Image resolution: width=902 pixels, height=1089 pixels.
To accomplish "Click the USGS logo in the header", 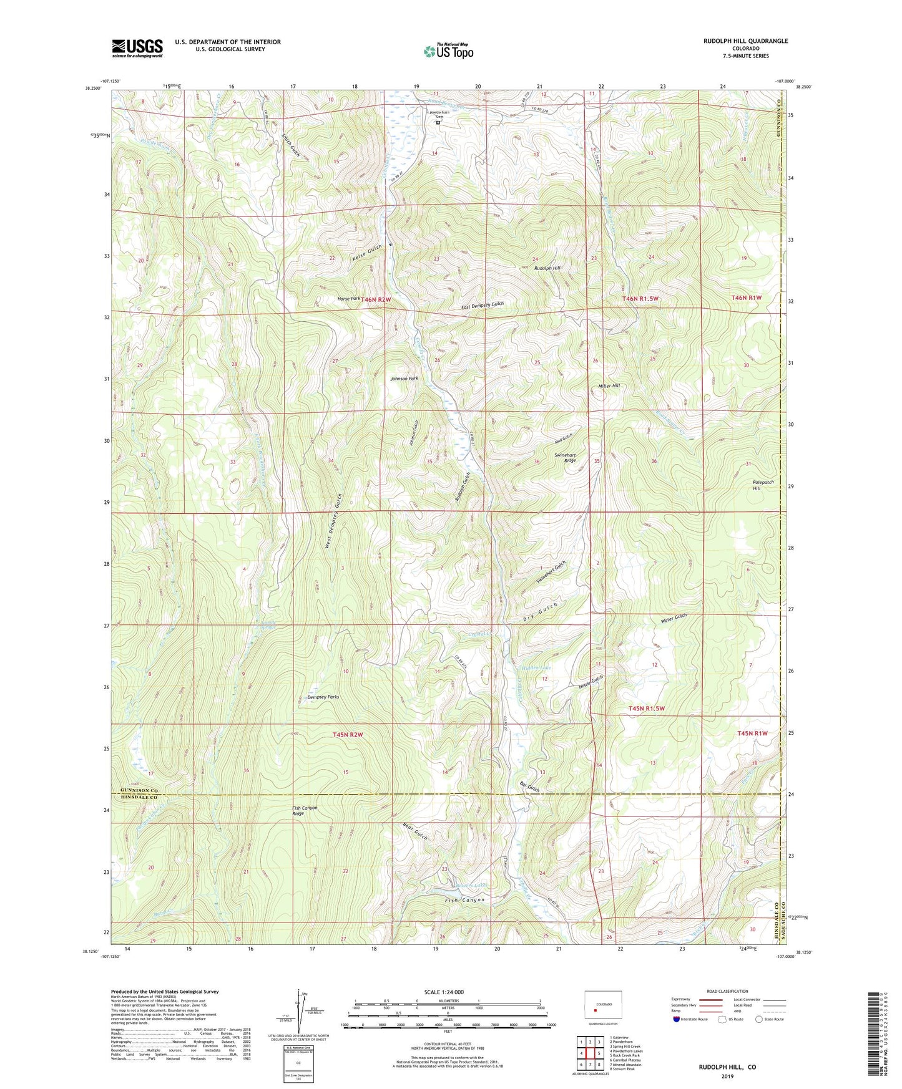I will click(x=137, y=48).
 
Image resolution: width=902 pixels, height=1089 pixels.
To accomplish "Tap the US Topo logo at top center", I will click(x=448, y=51).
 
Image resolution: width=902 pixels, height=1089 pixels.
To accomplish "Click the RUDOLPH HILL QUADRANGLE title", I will click(x=745, y=41).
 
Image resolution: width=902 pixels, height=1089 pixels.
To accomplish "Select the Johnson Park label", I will click(x=404, y=379).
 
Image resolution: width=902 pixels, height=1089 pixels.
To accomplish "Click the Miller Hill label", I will click(x=609, y=386).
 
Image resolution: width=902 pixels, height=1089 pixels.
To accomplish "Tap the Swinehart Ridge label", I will click(x=565, y=458).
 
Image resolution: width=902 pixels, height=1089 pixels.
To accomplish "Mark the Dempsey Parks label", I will click(x=323, y=697).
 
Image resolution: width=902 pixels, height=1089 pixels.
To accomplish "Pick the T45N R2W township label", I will click(x=348, y=735).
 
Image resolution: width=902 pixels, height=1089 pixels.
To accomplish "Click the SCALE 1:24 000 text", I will click(x=444, y=992).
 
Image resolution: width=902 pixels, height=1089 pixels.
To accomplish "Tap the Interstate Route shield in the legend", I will click(x=677, y=1019).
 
